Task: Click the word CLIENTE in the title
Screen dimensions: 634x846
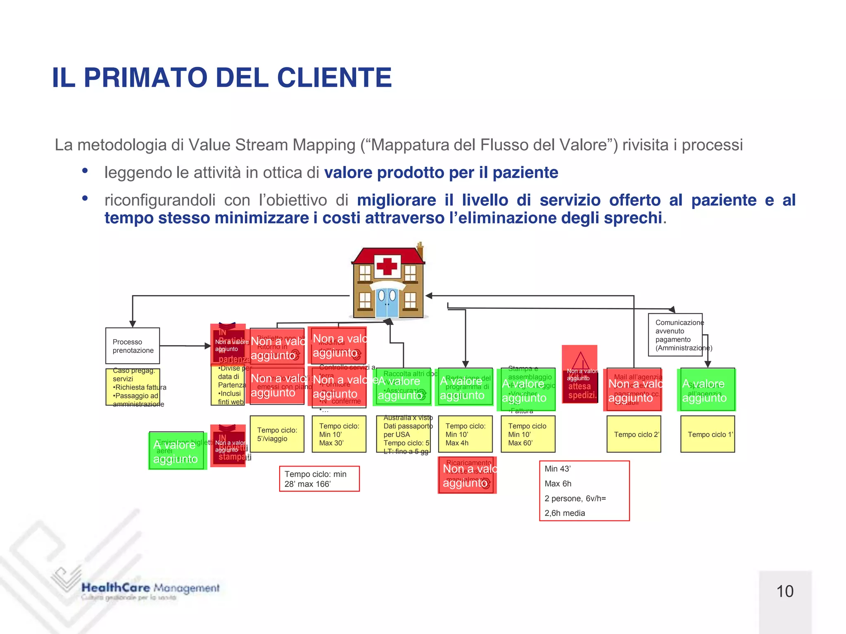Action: pos(334,78)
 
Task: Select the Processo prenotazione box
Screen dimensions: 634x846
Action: pos(133,346)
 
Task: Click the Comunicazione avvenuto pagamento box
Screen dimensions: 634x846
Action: pos(675,335)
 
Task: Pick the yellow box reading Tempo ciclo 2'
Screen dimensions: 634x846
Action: pos(634,434)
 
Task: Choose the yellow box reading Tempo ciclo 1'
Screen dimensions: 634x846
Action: pos(708,434)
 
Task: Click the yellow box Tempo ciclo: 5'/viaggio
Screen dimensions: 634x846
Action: pos(277,434)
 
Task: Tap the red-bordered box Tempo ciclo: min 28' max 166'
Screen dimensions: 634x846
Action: pos(319,479)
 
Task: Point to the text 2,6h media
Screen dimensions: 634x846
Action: pos(565,513)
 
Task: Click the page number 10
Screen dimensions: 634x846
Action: pos(785,591)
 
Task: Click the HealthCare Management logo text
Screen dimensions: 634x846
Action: pos(150,588)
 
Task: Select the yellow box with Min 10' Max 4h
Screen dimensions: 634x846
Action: pos(466,434)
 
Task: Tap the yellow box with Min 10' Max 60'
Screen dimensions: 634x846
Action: pos(528,434)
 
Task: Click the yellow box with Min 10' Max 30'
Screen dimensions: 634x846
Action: pos(339,434)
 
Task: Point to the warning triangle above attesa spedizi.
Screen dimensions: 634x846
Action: pos(580,360)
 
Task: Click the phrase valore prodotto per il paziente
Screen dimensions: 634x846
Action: pos(441,173)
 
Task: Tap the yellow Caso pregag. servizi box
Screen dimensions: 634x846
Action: pos(133,387)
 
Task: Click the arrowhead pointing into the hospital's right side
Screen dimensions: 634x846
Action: pos(429,296)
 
